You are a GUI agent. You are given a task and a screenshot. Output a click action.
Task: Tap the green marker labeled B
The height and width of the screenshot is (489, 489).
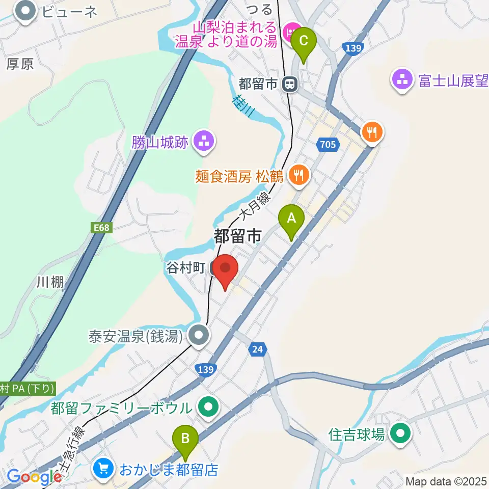click(185, 440)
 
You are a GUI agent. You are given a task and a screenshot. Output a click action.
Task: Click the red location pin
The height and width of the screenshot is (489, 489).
click(225, 270)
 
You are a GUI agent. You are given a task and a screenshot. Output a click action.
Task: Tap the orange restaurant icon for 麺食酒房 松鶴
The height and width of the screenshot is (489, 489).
click(297, 176)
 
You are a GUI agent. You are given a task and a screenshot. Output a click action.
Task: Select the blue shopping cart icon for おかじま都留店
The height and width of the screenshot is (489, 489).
click(103, 469)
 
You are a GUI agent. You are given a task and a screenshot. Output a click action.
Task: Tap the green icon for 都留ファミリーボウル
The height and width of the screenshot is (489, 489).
click(208, 407)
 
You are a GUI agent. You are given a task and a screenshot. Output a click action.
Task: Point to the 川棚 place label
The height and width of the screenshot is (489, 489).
click(50, 282)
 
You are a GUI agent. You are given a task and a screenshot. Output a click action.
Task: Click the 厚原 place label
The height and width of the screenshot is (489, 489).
click(20, 64)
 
